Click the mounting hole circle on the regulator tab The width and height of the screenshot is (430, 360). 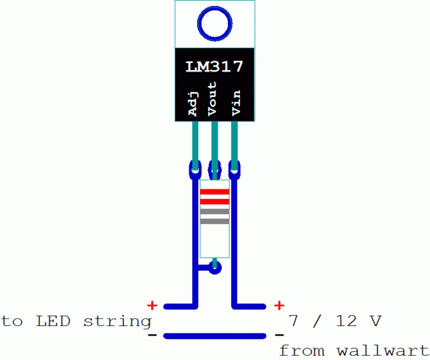[x=214, y=24]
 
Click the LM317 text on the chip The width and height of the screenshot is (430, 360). [x=214, y=67]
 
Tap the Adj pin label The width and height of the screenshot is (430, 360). [x=194, y=103]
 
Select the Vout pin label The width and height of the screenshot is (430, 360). [x=214, y=98]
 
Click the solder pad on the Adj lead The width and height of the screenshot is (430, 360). [x=194, y=168]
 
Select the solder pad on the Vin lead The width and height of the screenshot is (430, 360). [x=235, y=168]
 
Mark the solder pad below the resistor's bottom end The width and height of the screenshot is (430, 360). [x=215, y=267]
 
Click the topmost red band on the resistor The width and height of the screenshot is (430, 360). [x=214, y=191]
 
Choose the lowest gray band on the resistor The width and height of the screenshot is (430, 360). [x=214, y=221]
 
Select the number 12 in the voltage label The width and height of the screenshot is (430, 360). [x=345, y=321]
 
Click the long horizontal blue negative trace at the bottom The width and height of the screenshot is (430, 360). [x=215, y=336]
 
